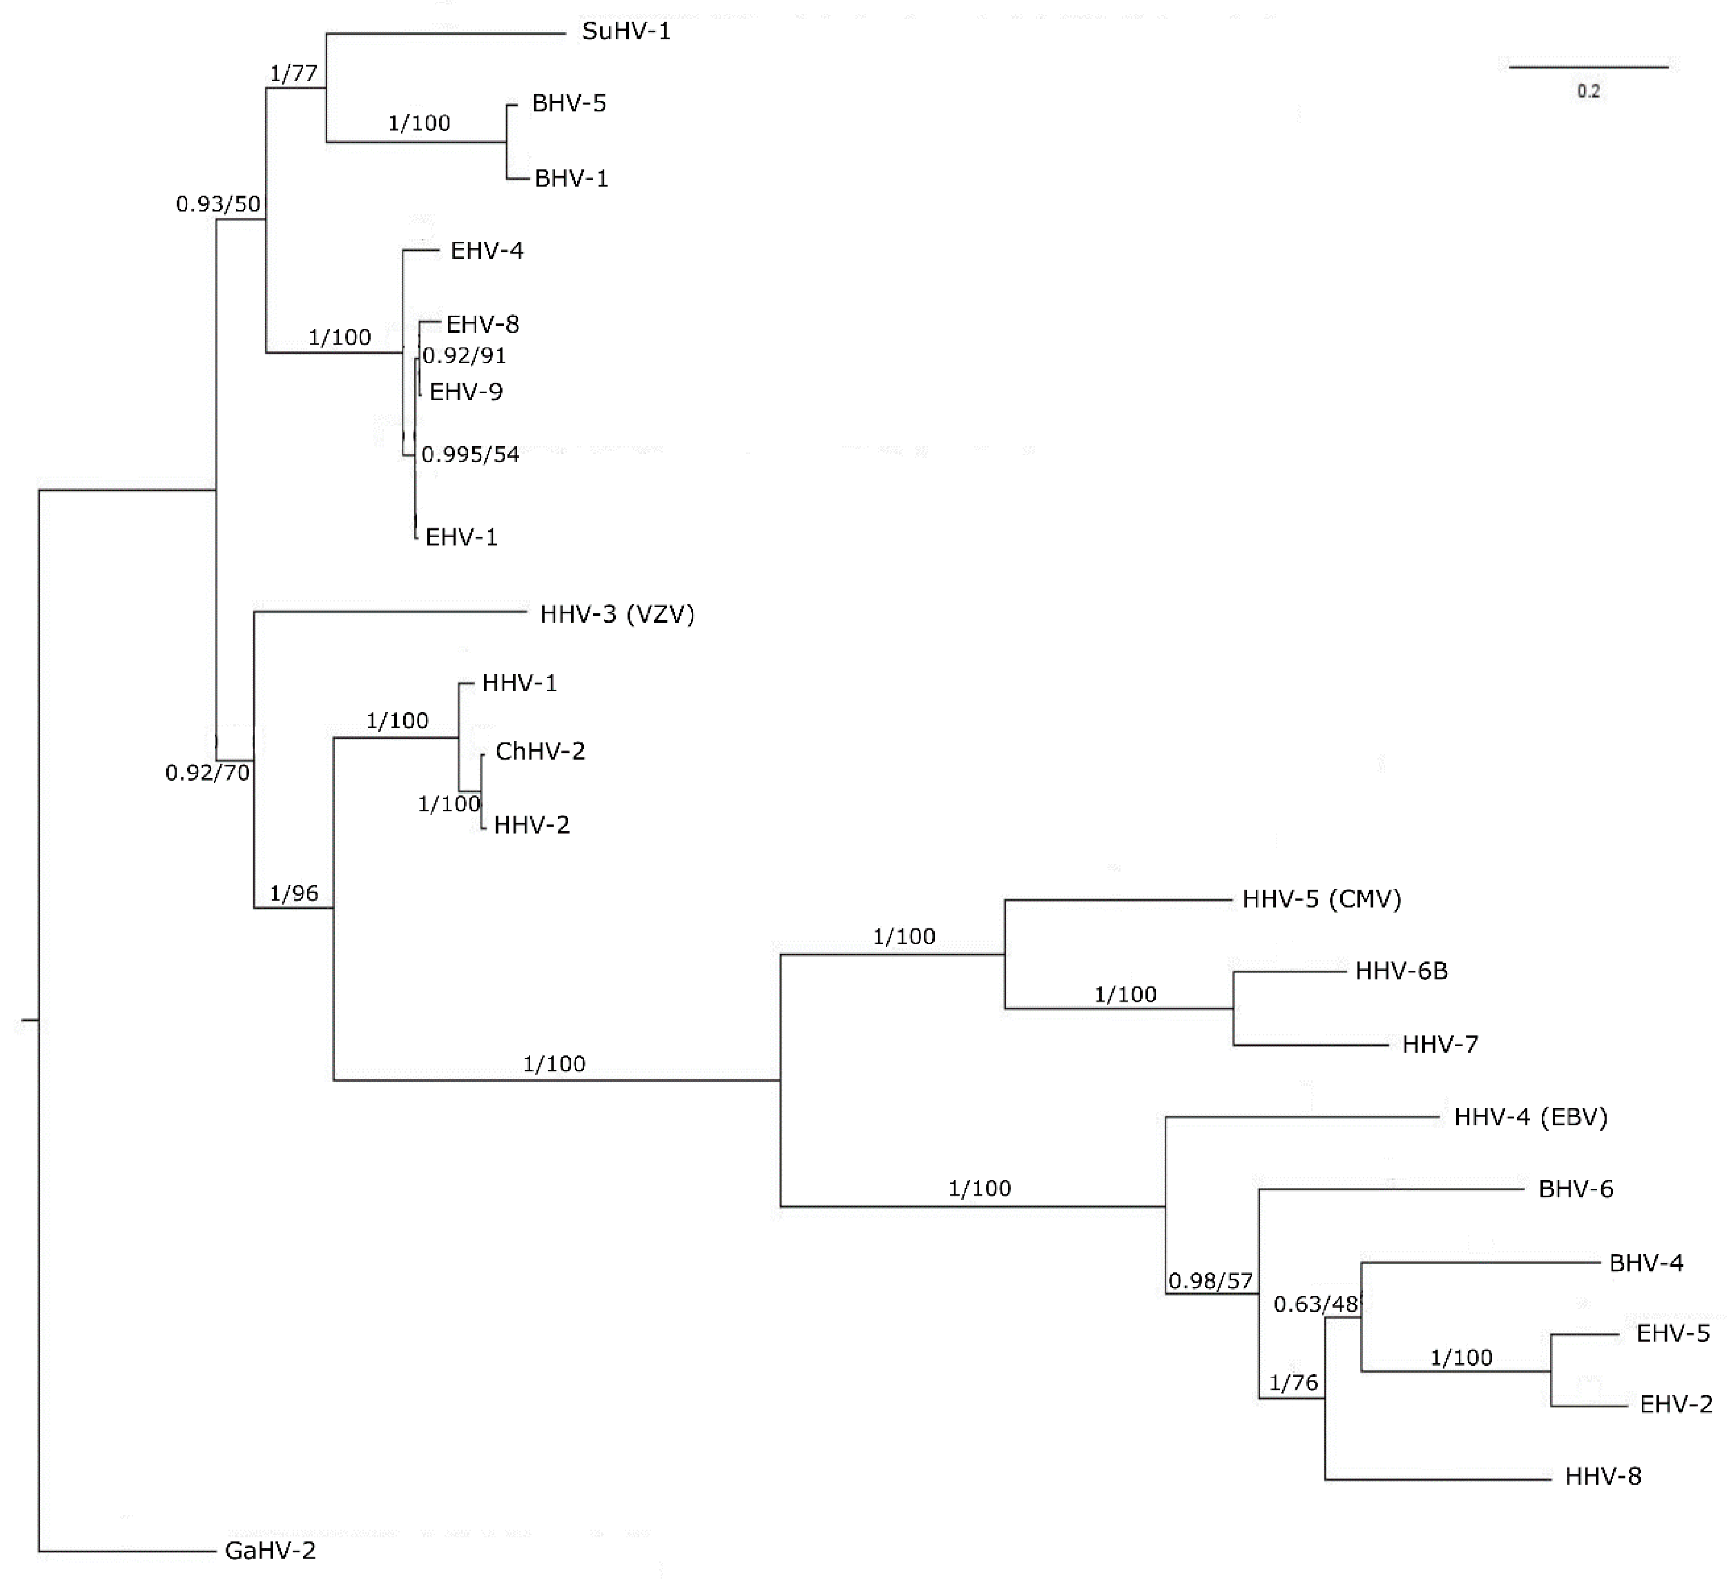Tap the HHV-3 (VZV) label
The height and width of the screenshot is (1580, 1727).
tap(617, 614)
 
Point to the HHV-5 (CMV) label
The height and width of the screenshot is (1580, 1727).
tap(1322, 899)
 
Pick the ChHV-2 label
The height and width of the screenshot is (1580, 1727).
tap(540, 752)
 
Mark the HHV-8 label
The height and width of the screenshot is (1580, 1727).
tap(1603, 1476)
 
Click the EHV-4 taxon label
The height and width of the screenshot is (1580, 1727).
tap(487, 251)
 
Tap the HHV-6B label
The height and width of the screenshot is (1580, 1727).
tap(1401, 971)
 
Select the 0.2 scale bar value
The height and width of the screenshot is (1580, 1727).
tap(1588, 91)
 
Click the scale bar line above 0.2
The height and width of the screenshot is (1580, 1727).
tap(1588, 67)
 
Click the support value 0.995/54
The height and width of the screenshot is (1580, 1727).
tap(470, 455)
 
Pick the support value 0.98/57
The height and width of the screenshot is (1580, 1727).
tap(1210, 1281)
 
